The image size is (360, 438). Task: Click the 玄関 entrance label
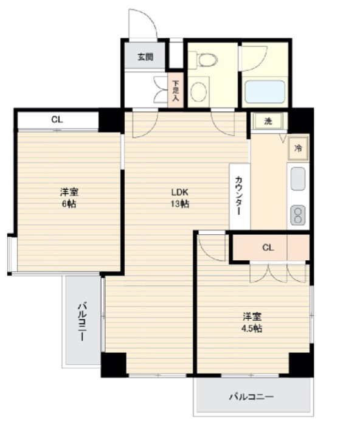point(144,57)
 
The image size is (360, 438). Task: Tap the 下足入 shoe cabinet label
point(175,89)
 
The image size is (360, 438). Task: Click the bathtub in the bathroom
point(265,92)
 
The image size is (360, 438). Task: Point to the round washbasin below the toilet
point(198,92)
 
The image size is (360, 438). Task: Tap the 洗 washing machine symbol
point(268,120)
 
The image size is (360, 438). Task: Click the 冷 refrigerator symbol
point(298,148)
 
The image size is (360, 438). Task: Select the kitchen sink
point(297,179)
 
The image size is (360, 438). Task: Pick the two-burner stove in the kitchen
point(297,215)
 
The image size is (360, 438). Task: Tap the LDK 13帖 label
point(179,197)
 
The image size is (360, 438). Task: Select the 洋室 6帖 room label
point(68,197)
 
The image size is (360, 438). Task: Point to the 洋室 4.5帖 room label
point(252,322)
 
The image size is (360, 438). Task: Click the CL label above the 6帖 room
point(57,119)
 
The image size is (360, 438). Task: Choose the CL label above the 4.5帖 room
point(268,247)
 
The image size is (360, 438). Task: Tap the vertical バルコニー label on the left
point(80,321)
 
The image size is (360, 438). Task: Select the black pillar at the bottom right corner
point(300,363)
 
